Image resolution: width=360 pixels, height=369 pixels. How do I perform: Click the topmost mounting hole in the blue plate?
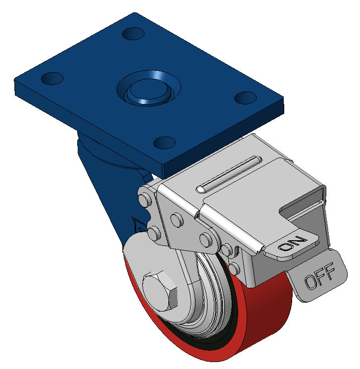tap(133, 34)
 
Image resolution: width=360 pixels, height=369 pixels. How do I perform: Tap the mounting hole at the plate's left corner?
tap(52, 78)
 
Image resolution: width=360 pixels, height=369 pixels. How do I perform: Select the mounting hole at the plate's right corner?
tap(246, 98)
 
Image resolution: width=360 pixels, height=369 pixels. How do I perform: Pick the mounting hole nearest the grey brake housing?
tap(164, 143)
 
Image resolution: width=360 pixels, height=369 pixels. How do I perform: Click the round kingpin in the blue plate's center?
tap(149, 90)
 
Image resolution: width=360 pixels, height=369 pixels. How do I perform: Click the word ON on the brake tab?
tap(292, 244)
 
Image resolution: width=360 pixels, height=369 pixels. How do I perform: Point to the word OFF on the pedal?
tap(319, 276)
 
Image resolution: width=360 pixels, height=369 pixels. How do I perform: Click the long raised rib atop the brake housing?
tap(229, 174)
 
